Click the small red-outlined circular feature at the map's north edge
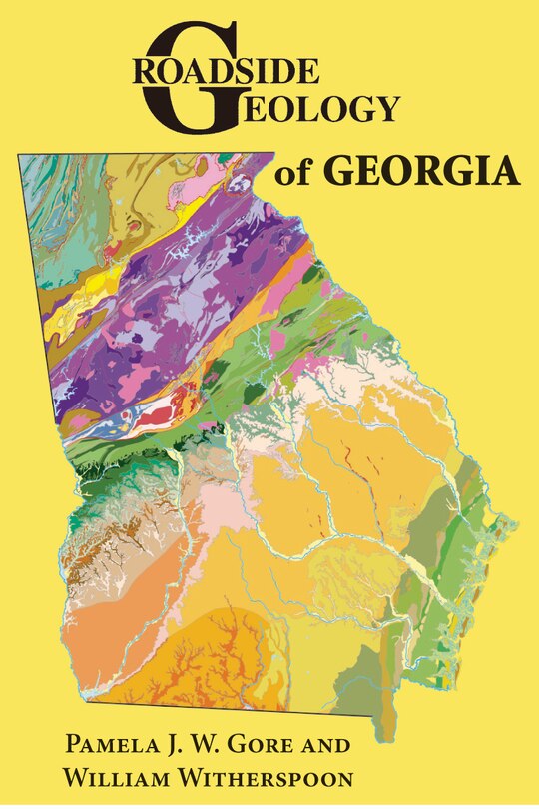pyautogui.click(x=237, y=183)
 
